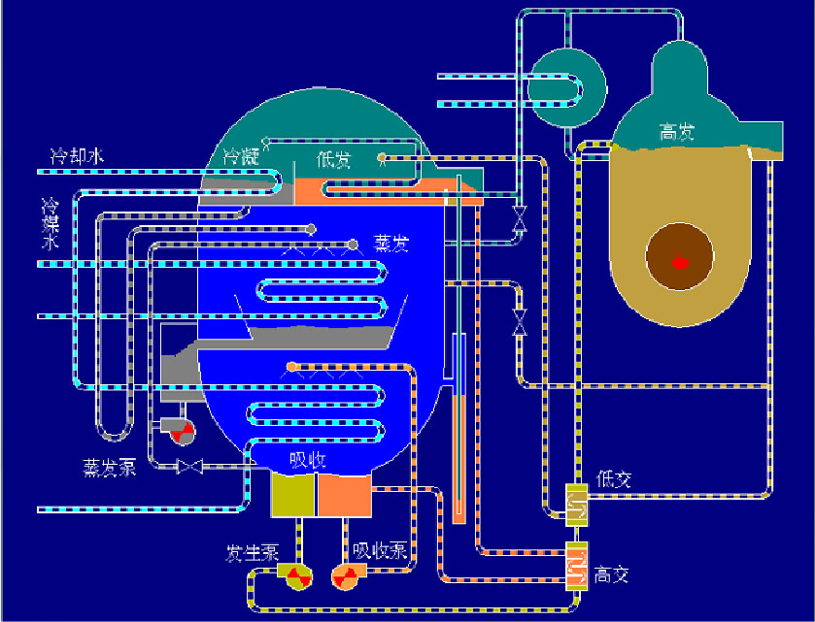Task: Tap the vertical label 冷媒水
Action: [49, 224]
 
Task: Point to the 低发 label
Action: [332, 160]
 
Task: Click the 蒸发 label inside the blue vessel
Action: [391, 244]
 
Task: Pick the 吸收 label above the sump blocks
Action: [307, 460]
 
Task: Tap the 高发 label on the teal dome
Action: [675, 132]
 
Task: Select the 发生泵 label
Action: [253, 553]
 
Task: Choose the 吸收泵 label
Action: [380, 551]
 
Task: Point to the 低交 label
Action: [615, 478]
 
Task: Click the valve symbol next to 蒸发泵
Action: [188, 467]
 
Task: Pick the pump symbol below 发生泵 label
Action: [295, 576]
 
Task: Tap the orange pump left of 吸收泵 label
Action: [346, 576]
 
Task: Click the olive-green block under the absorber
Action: [292, 495]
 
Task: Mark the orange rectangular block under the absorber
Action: [344, 495]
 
